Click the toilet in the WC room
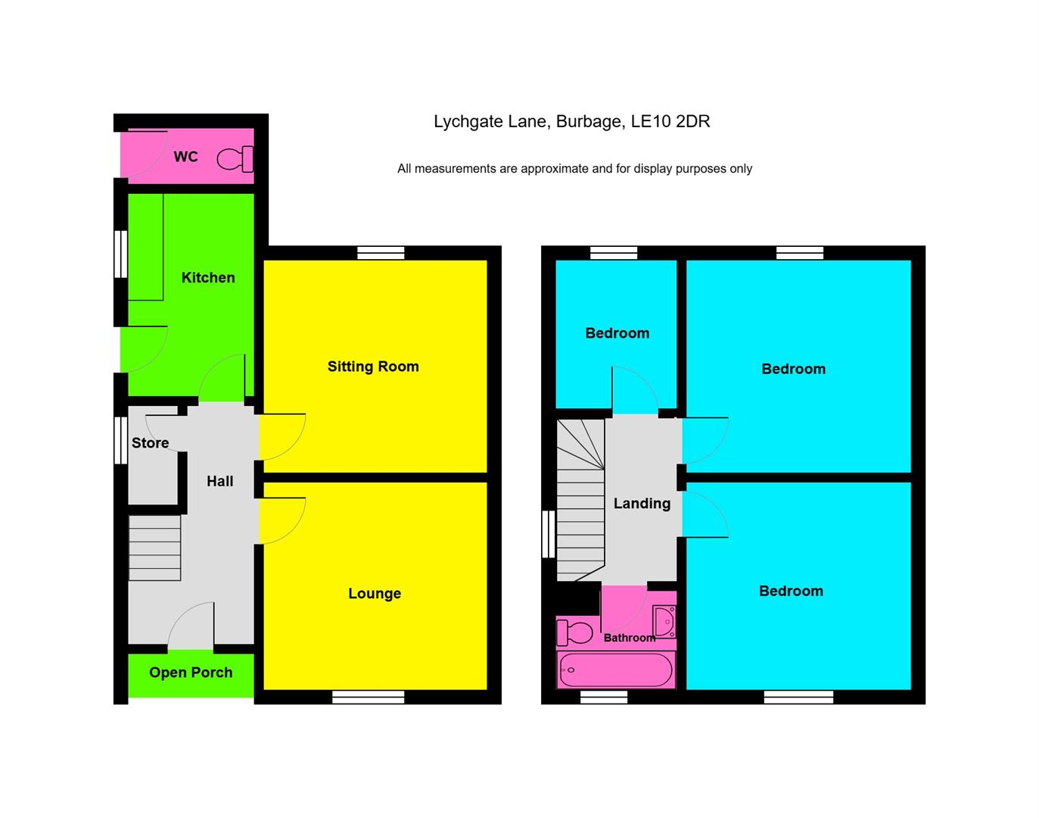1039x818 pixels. pyautogui.click(x=235, y=159)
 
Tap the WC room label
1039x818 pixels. pyautogui.click(x=185, y=157)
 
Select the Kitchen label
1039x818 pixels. pyautogui.click(x=208, y=278)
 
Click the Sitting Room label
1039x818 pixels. pyautogui.click(x=373, y=367)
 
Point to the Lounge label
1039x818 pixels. pyautogui.click(x=375, y=594)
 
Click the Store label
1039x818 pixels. pyautogui.click(x=150, y=443)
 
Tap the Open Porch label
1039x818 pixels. pyautogui.click(x=191, y=673)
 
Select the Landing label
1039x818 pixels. pyautogui.click(x=642, y=504)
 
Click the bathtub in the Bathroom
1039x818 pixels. pyautogui.click(x=615, y=670)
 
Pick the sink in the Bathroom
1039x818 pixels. pyautogui.click(x=664, y=622)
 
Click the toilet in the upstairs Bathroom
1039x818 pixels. pyautogui.click(x=576, y=632)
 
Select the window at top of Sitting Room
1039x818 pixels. pyautogui.click(x=381, y=253)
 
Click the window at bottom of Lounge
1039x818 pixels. pyautogui.click(x=369, y=697)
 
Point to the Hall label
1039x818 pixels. pyautogui.click(x=220, y=481)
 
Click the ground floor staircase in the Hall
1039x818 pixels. pyautogui.click(x=155, y=548)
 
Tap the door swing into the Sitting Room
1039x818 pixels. pyautogui.click(x=282, y=437)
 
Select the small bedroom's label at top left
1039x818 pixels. pyautogui.click(x=617, y=333)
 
